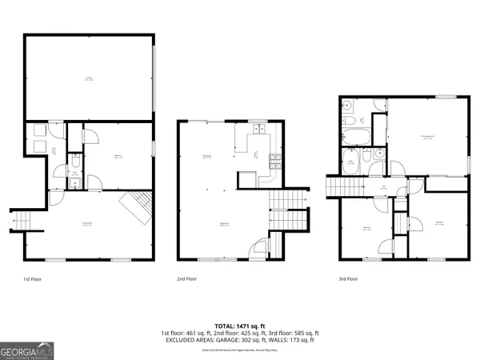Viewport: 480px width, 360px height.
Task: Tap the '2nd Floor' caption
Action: [x=187, y=280]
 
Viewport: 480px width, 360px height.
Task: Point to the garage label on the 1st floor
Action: [x=89, y=78]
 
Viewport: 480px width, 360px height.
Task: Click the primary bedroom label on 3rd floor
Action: [x=427, y=138]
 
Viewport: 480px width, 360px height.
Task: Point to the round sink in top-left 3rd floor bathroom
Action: [x=348, y=106]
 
